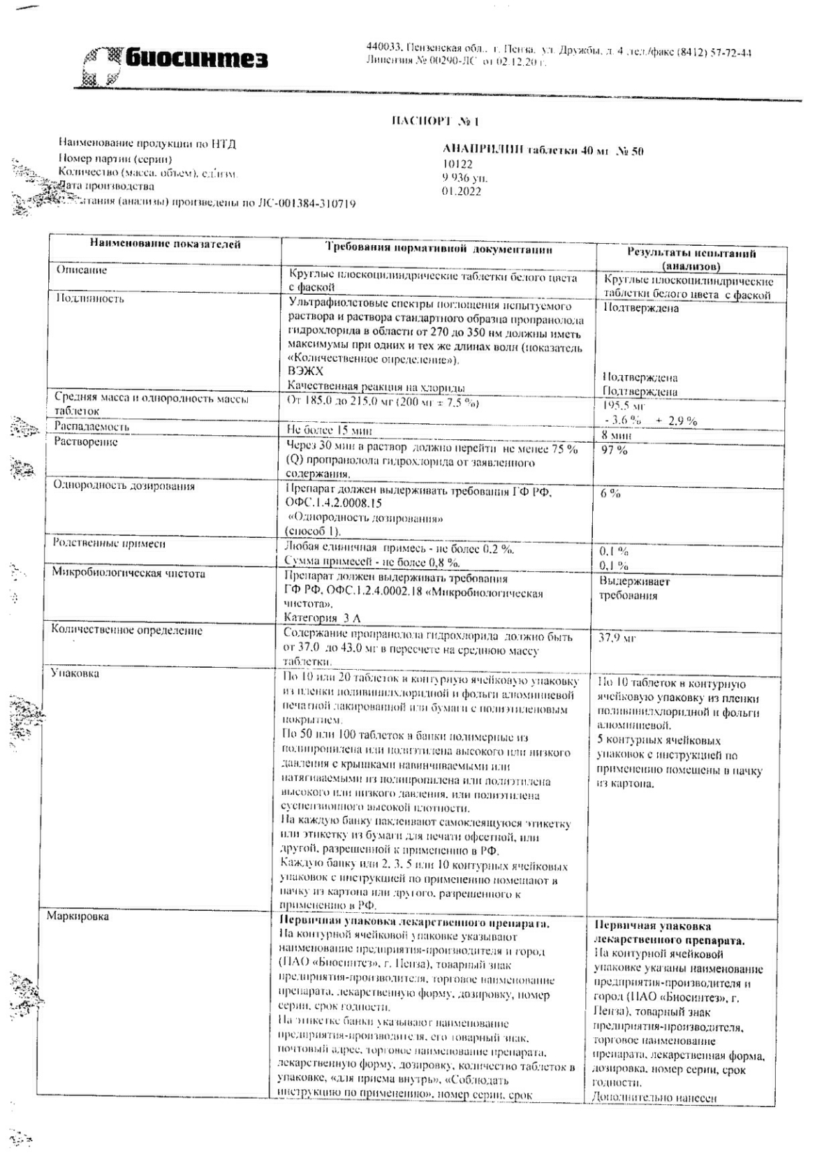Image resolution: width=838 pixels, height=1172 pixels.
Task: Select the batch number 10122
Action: (457, 165)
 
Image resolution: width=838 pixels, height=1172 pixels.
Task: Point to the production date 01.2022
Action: (461, 191)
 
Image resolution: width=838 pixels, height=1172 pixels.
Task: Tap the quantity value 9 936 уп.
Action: (465, 178)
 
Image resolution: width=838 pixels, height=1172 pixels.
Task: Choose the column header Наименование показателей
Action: (165, 244)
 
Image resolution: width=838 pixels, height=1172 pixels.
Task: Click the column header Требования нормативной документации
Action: (439, 249)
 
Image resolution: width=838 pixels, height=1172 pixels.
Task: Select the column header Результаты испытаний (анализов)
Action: (691, 259)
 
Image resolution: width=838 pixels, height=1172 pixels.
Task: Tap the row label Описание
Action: (82, 270)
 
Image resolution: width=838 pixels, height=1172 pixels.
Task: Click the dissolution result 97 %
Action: (615, 451)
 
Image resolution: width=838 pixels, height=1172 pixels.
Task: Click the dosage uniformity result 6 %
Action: (610, 493)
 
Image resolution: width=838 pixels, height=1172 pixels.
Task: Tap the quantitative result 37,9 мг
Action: (617, 638)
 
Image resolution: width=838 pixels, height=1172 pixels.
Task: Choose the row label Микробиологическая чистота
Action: (129, 573)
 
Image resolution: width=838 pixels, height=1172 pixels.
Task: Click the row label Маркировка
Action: (78, 916)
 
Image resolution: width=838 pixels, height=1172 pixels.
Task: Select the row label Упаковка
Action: (74, 673)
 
